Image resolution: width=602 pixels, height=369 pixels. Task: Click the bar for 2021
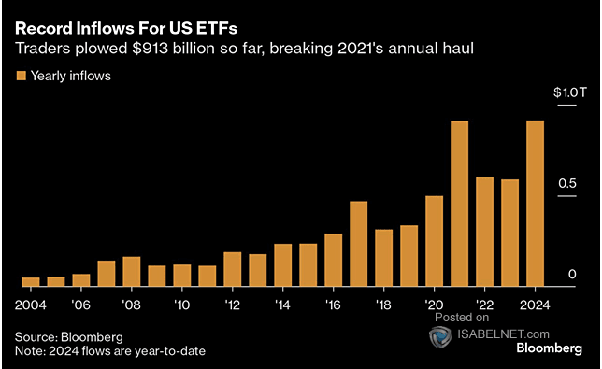pos(459,204)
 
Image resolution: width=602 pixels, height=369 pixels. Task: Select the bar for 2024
pos(535,204)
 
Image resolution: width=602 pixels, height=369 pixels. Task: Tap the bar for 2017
pos(358,244)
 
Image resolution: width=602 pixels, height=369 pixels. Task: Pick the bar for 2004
pos(31,281)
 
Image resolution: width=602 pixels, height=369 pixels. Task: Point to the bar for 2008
pos(132,271)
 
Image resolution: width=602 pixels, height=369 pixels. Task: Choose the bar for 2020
pos(434,241)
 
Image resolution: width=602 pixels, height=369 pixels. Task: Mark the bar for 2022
pos(484,232)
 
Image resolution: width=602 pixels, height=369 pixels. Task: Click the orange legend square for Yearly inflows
pos(20,76)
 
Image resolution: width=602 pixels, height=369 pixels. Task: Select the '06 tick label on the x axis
pos(81,305)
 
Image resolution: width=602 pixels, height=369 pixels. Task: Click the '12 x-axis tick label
pos(233,305)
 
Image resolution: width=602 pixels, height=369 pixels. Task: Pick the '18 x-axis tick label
pos(383,305)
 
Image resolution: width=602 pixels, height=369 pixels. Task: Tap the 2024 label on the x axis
pos(535,305)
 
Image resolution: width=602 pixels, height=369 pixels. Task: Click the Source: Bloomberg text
pos(68,335)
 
